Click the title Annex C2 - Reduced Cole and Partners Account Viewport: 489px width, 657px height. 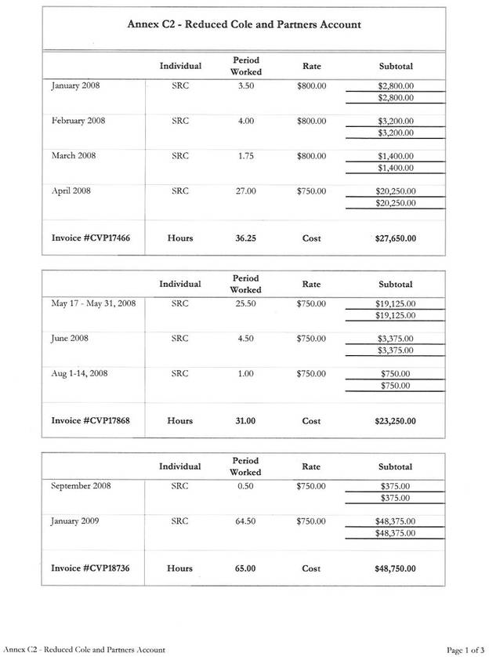click(244, 24)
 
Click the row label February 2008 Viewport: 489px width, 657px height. click(78, 122)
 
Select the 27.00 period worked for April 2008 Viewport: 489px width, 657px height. click(245, 191)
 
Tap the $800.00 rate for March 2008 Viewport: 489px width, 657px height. click(311, 156)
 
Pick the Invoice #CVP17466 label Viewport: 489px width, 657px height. click(90, 238)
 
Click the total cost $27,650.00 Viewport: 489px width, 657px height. click(396, 238)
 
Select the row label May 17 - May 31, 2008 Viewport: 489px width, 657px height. click(93, 303)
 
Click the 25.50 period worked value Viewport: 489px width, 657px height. click(245, 303)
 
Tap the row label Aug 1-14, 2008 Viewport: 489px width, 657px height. click(79, 373)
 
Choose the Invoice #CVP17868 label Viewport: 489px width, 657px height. click(90, 421)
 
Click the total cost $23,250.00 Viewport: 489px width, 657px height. click(396, 421)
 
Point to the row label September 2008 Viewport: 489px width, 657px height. click(81, 486)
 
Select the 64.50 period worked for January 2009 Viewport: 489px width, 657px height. click(245, 521)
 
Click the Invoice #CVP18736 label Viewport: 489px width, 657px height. click(90, 568)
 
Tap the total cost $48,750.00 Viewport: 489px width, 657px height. click(396, 568)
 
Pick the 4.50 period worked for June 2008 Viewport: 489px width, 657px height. click(245, 339)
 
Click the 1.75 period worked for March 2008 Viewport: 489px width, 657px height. click(245, 156)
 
